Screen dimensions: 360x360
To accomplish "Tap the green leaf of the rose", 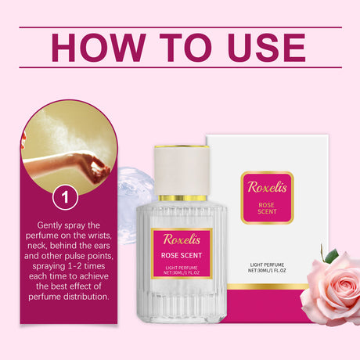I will click(x=329, y=254).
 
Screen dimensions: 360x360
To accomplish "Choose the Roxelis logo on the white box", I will click(x=267, y=188).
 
